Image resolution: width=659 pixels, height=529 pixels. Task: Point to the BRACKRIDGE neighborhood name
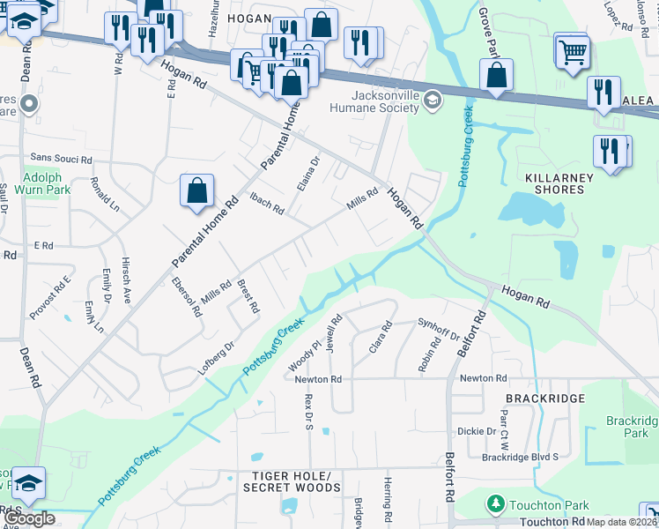coord(545,399)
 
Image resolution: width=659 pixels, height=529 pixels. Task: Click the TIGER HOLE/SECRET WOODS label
coord(291,481)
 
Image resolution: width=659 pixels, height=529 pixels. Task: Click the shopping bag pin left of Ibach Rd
coord(196,191)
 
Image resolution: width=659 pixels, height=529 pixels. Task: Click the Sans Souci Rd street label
coord(61,159)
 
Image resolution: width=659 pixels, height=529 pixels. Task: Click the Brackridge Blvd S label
coord(520,458)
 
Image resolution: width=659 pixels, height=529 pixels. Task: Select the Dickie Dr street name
coord(477,431)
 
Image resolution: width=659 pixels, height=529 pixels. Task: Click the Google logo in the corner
coord(29,518)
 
